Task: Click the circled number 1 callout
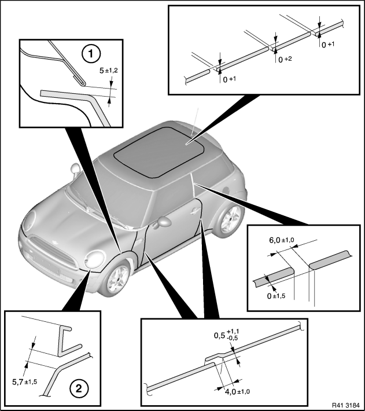pyautogui.click(x=91, y=54)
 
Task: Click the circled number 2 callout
pyautogui.click(x=79, y=388)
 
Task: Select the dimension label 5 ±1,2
pyautogui.click(x=109, y=71)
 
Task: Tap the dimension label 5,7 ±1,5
pyautogui.click(x=25, y=382)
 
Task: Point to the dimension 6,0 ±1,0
pyautogui.click(x=282, y=240)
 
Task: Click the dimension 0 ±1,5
pyautogui.click(x=276, y=296)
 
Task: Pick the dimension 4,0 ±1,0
pyautogui.click(x=238, y=392)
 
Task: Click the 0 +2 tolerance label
pyautogui.click(x=285, y=60)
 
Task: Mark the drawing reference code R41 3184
pyautogui.click(x=346, y=405)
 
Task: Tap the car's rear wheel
pyautogui.click(x=230, y=220)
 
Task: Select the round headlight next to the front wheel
pyautogui.click(x=94, y=259)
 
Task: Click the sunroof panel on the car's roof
pyautogui.click(x=159, y=151)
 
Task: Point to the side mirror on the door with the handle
pyautogui.click(x=163, y=222)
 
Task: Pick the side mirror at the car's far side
pyautogui.click(x=75, y=169)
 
